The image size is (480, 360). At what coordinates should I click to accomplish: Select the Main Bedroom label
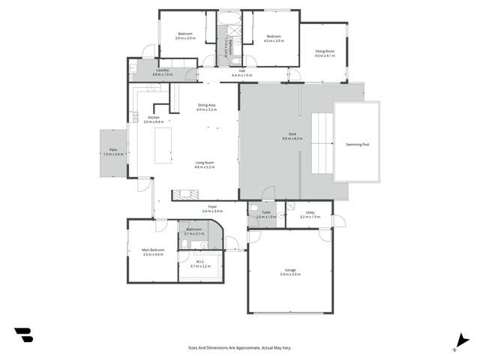coord(153,250)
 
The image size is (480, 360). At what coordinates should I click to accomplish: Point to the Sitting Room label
coord(325,52)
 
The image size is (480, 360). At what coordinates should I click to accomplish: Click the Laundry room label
coord(162,70)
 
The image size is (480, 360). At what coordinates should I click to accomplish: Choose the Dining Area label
coord(206,105)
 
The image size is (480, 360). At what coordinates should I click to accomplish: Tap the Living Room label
coord(205,163)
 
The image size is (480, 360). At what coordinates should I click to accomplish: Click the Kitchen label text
coord(154,118)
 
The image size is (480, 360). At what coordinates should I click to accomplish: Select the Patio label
coord(112,150)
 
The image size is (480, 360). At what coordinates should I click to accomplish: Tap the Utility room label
coord(310,213)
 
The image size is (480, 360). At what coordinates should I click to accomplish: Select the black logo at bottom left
coord(23,334)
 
